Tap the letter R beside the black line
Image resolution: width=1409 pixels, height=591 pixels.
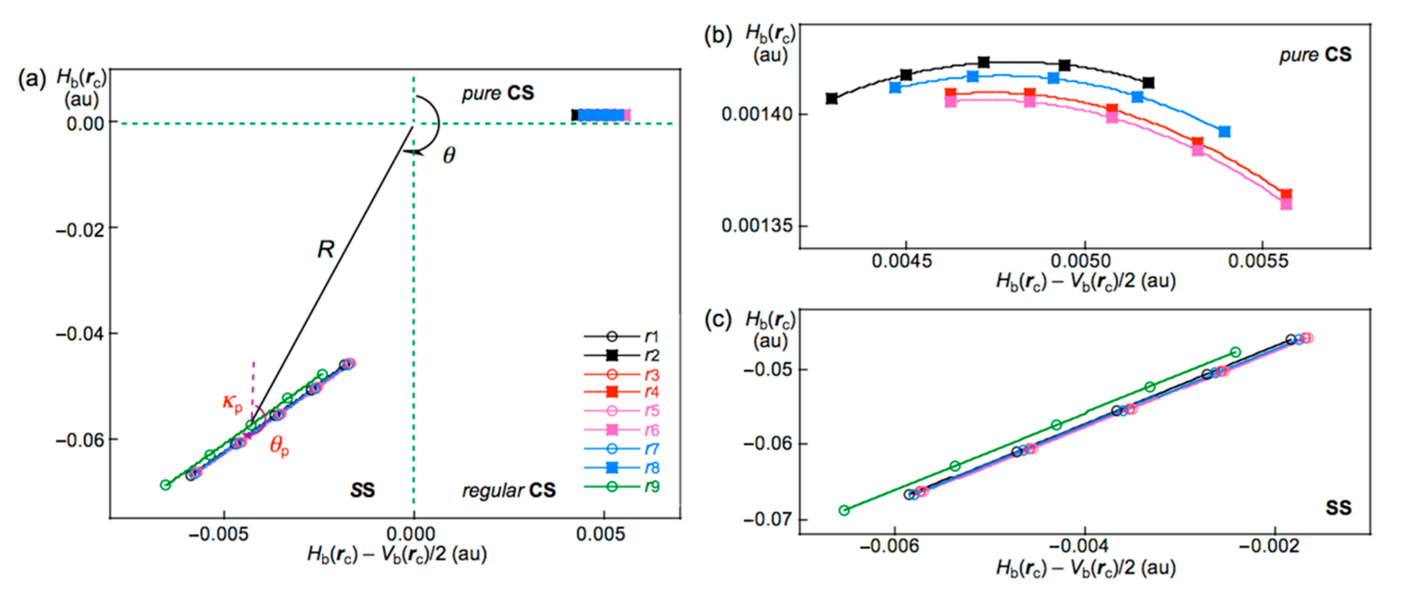(326, 250)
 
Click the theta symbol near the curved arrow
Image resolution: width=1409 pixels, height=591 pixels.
(448, 156)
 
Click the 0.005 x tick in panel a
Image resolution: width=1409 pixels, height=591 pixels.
(604, 533)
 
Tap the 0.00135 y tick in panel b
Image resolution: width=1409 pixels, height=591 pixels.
(757, 225)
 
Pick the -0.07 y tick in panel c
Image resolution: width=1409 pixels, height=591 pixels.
(767, 518)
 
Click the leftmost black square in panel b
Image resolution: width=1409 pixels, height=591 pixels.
(831, 98)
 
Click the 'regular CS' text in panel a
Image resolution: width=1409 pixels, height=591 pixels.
(509, 490)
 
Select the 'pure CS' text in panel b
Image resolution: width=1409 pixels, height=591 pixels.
(1315, 55)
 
